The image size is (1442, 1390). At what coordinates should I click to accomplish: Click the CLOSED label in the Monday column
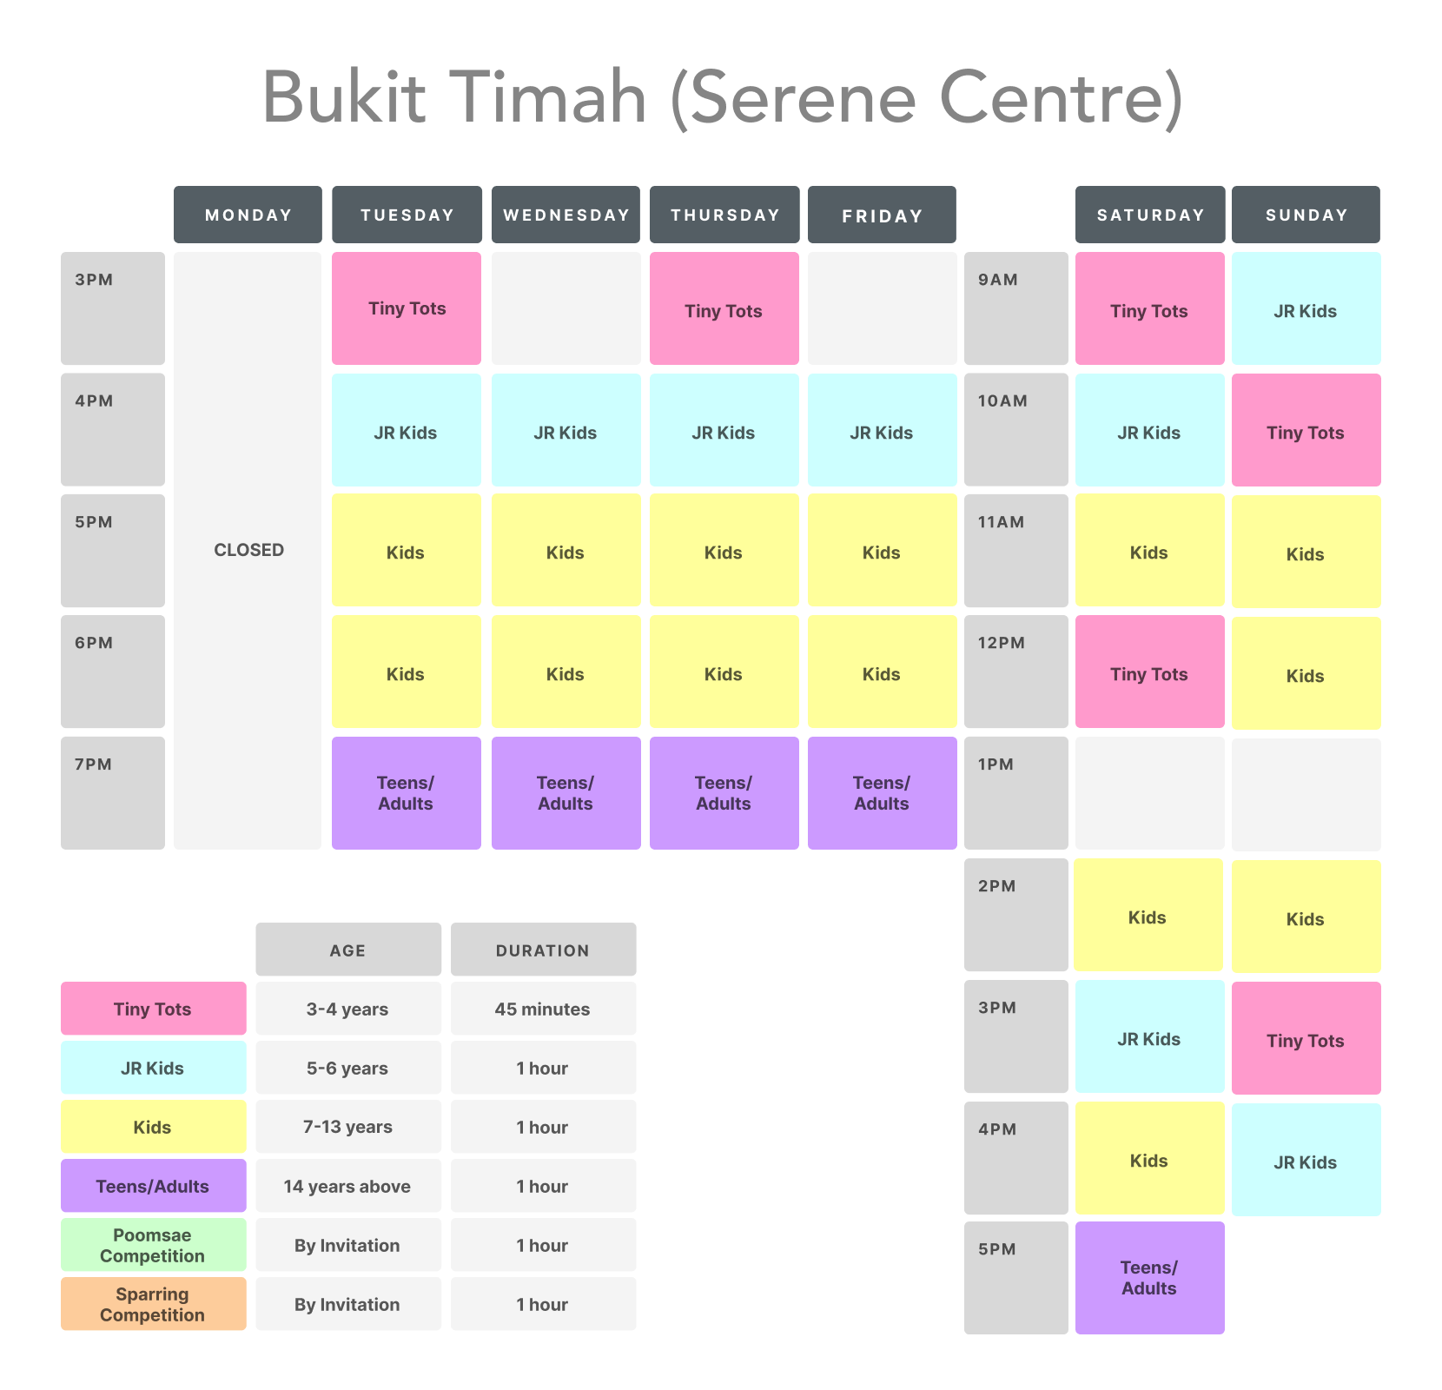248,550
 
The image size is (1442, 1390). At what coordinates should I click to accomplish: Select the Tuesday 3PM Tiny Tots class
407,308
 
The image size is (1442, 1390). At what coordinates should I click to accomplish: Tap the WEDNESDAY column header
566,215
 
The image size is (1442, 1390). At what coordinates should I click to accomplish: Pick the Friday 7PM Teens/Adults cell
882,793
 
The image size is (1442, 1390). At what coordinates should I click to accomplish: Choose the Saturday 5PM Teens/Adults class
1149,1278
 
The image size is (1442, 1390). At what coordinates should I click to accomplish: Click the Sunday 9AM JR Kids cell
1306,310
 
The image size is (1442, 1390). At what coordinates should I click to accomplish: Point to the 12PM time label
1002,643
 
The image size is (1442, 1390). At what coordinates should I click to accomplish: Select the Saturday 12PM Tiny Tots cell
1149,673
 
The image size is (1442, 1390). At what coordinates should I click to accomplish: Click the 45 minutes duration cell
543,1009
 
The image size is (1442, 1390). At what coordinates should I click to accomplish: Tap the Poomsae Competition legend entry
153,1245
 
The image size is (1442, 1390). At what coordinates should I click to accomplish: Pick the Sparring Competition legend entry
153,1304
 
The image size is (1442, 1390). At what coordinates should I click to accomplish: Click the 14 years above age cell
347,1186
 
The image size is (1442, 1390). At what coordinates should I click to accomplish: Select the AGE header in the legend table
347,950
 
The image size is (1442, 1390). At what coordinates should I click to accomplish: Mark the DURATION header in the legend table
543,950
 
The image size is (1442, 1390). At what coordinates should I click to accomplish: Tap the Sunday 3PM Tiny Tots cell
1306,1040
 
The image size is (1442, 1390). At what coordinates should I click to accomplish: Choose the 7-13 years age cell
347,1127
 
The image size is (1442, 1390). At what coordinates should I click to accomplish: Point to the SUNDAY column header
1306,215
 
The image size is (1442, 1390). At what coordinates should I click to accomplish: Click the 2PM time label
997,886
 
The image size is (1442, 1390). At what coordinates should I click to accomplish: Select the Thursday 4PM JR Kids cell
724,432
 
